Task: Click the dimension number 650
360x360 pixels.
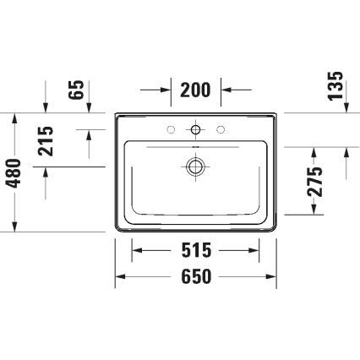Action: (196, 276)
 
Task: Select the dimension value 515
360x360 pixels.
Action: (196, 250)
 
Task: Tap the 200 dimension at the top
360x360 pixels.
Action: (196, 88)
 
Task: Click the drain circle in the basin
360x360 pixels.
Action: (196, 167)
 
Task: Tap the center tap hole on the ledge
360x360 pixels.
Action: (196, 130)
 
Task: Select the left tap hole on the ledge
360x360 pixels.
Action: (172, 129)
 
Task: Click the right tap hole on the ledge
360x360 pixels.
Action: (221, 129)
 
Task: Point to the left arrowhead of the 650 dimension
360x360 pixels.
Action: (122, 276)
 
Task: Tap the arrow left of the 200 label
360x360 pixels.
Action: (166, 88)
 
